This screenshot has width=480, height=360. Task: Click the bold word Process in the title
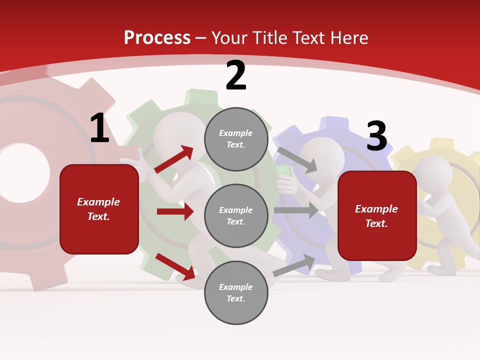click(x=157, y=38)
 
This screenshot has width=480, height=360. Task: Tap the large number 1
click(x=99, y=128)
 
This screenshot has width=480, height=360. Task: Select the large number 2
click(x=235, y=76)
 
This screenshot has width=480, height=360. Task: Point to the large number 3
click(x=376, y=136)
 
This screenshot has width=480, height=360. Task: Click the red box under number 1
click(x=99, y=209)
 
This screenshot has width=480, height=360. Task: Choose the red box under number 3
click(x=377, y=216)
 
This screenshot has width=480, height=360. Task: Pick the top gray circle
click(x=236, y=139)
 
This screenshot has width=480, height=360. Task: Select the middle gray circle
click(x=236, y=216)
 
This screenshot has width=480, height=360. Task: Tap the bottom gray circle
click(x=236, y=293)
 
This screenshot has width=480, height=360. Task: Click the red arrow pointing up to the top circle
click(x=174, y=159)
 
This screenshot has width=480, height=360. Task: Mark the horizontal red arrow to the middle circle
click(x=175, y=211)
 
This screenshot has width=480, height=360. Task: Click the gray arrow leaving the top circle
click(x=297, y=159)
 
